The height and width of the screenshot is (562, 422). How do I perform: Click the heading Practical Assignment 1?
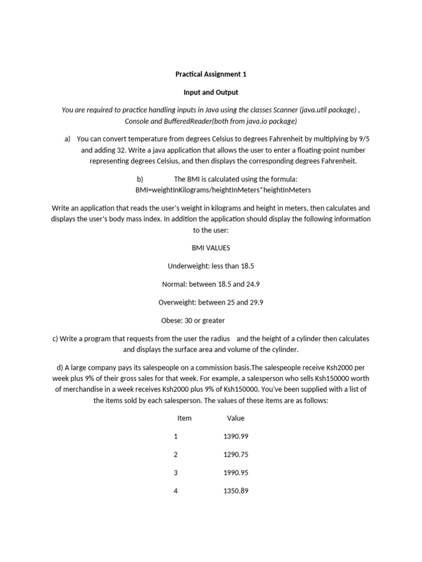210,74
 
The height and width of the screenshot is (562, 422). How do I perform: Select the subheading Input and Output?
210,92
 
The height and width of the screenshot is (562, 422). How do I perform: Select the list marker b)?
140,179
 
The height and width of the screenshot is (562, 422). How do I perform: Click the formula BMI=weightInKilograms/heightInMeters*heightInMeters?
223,190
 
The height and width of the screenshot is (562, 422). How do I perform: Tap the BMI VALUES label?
210,248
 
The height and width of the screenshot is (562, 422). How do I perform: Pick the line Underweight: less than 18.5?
210,266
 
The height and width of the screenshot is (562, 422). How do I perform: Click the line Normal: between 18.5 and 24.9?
210,284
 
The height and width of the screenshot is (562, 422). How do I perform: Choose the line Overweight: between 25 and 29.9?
210,302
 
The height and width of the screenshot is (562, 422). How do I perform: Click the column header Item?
185,418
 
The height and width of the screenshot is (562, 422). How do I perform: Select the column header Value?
236,418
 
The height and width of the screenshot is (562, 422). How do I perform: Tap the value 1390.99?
236,436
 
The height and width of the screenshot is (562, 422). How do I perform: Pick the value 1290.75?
236,454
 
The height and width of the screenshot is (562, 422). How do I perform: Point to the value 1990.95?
236,473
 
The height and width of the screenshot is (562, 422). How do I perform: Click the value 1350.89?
236,491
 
